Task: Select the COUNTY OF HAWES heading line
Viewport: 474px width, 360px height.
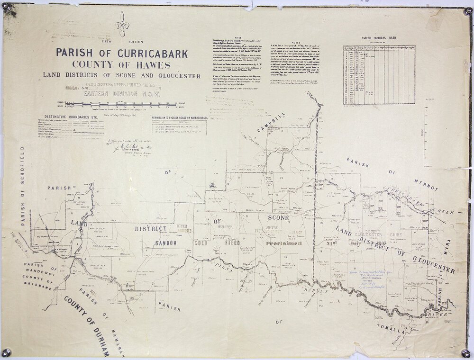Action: pos(122,64)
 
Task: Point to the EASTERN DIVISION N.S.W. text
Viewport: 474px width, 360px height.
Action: pos(122,93)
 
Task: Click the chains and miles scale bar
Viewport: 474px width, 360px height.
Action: pos(122,103)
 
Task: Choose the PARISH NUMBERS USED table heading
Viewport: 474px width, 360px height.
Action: pos(379,38)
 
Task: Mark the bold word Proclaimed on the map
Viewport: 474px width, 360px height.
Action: pos(283,243)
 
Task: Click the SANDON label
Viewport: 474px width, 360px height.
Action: pos(165,243)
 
